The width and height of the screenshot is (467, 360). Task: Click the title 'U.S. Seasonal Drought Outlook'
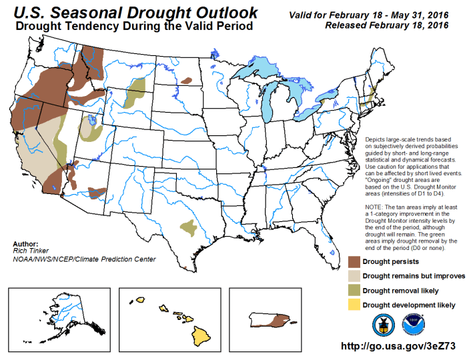[133, 12]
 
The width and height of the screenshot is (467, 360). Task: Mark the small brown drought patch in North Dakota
[186, 81]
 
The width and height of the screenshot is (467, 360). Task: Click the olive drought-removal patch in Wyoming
[136, 93]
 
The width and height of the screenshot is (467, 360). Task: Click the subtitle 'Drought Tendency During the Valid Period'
[133, 27]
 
